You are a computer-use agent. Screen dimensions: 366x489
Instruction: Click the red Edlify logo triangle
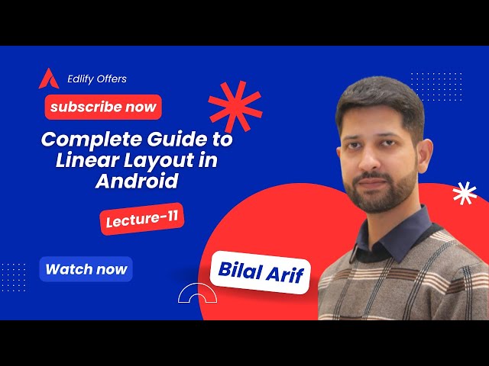(49, 79)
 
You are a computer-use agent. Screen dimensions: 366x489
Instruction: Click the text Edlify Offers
(97, 79)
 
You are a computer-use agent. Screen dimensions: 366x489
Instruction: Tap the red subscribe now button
(103, 107)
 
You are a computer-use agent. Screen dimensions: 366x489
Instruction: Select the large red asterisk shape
(235, 107)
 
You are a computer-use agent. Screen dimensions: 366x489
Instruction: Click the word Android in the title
(137, 181)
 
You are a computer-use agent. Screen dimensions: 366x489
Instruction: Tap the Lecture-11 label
(142, 219)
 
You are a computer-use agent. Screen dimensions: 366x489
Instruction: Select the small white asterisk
(464, 194)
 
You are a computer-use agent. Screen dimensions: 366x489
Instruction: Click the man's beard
(378, 194)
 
